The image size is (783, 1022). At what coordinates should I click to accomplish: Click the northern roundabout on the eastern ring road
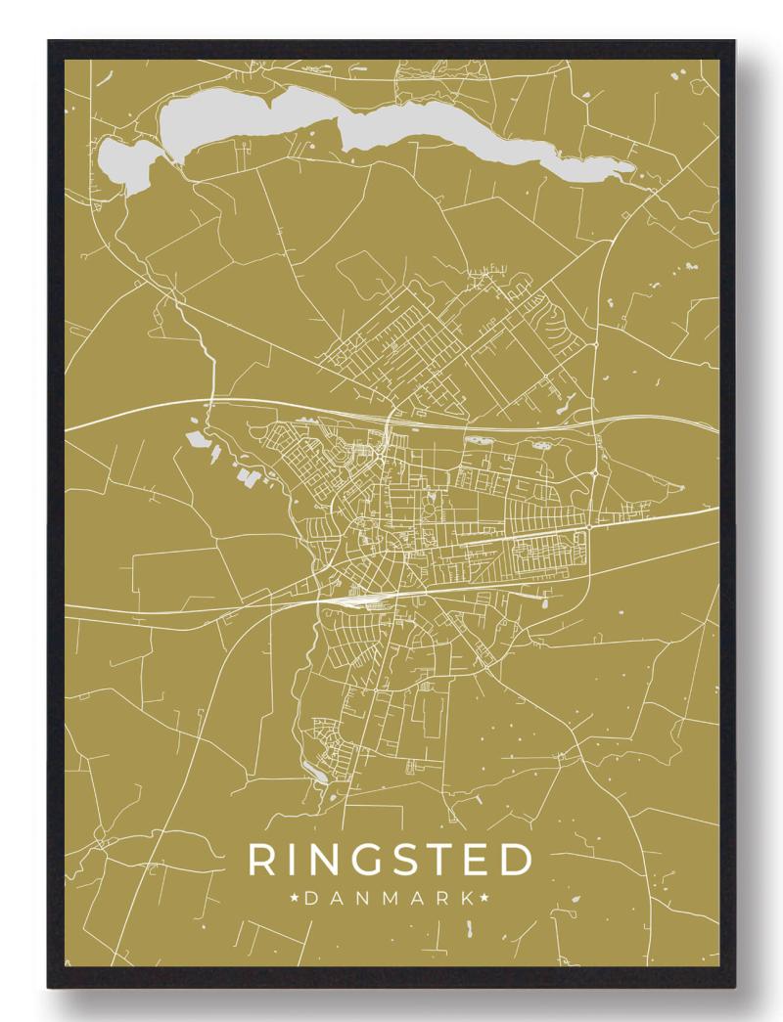click(x=595, y=474)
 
